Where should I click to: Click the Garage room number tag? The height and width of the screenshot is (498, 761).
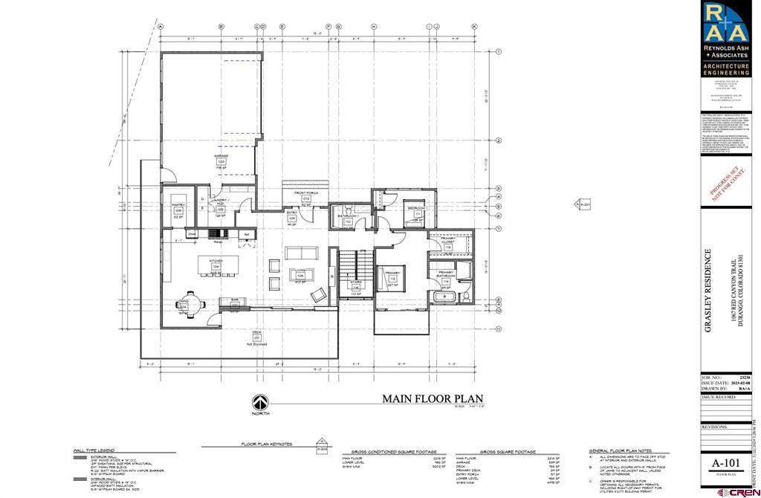click(221, 161)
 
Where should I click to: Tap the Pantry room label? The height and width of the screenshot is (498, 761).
click(178, 204)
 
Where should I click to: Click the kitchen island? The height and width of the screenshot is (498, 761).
click(217, 265)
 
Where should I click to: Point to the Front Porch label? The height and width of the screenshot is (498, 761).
click(305, 193)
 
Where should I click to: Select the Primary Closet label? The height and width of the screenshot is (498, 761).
click(447, 239)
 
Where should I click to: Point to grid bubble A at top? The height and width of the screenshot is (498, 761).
click(161, 27)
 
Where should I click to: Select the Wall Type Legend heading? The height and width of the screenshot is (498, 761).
click(94, 450)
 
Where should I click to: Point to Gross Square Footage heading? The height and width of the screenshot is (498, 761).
click(508, 451)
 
